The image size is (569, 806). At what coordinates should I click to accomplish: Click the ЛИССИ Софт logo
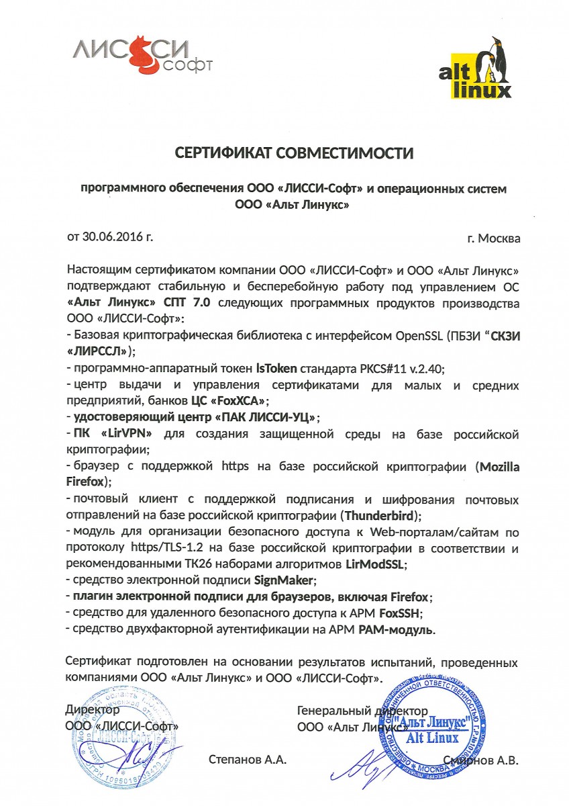tap(142, 55)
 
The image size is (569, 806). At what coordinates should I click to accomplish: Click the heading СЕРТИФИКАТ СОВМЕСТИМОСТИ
tap(295, 153)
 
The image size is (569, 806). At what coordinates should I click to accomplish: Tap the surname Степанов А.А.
tap(248, 760)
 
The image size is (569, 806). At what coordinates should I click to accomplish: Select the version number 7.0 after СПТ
tap(201, 303)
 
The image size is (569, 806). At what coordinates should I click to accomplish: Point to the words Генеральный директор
tap(362, 710)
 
